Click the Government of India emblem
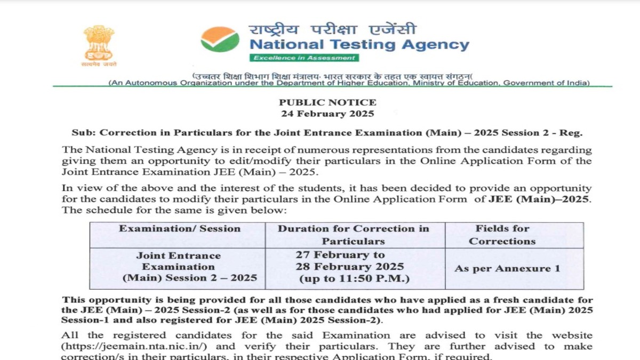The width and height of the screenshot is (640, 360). coord(99,42)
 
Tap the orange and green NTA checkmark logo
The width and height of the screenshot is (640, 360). coord(220,39)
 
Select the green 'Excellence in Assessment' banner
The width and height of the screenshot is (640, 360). coord(304,58)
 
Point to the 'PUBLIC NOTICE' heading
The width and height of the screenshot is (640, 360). coord(327,102)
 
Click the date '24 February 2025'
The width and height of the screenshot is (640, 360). coord(327,114)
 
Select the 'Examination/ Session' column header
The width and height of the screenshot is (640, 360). coord(180,229)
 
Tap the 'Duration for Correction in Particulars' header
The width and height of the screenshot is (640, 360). coord(353,235)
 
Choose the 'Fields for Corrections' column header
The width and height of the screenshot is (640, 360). coord(502,235)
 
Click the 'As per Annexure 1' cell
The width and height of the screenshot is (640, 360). coord(507,269)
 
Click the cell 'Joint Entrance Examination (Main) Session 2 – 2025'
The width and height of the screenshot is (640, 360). coord(178,267)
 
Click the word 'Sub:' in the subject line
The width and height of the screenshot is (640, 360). coord(83,133)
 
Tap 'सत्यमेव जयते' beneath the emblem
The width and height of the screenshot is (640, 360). coord(99,64)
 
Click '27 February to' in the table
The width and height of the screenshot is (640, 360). coord(340,255)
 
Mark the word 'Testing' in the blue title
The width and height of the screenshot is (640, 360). coord(358,45)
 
